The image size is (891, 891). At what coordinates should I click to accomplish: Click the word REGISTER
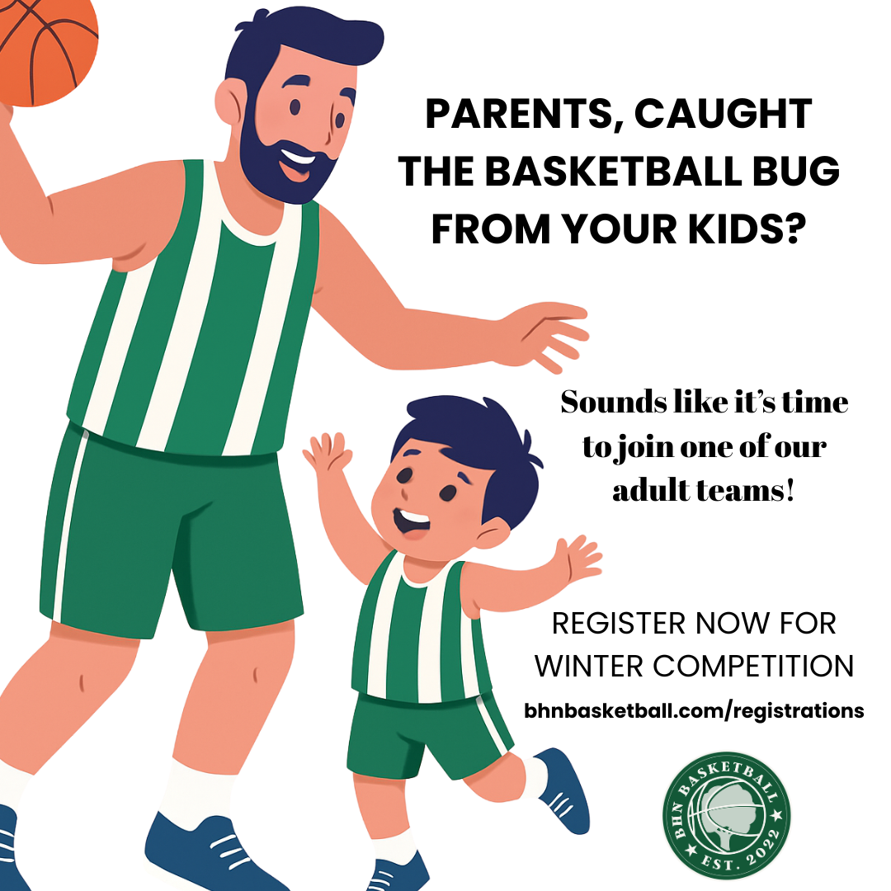[x=619, y=624]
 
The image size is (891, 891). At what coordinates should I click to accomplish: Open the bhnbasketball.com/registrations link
[x=694, y=710]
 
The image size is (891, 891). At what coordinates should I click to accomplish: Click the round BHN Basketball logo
[x=726, y=815]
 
